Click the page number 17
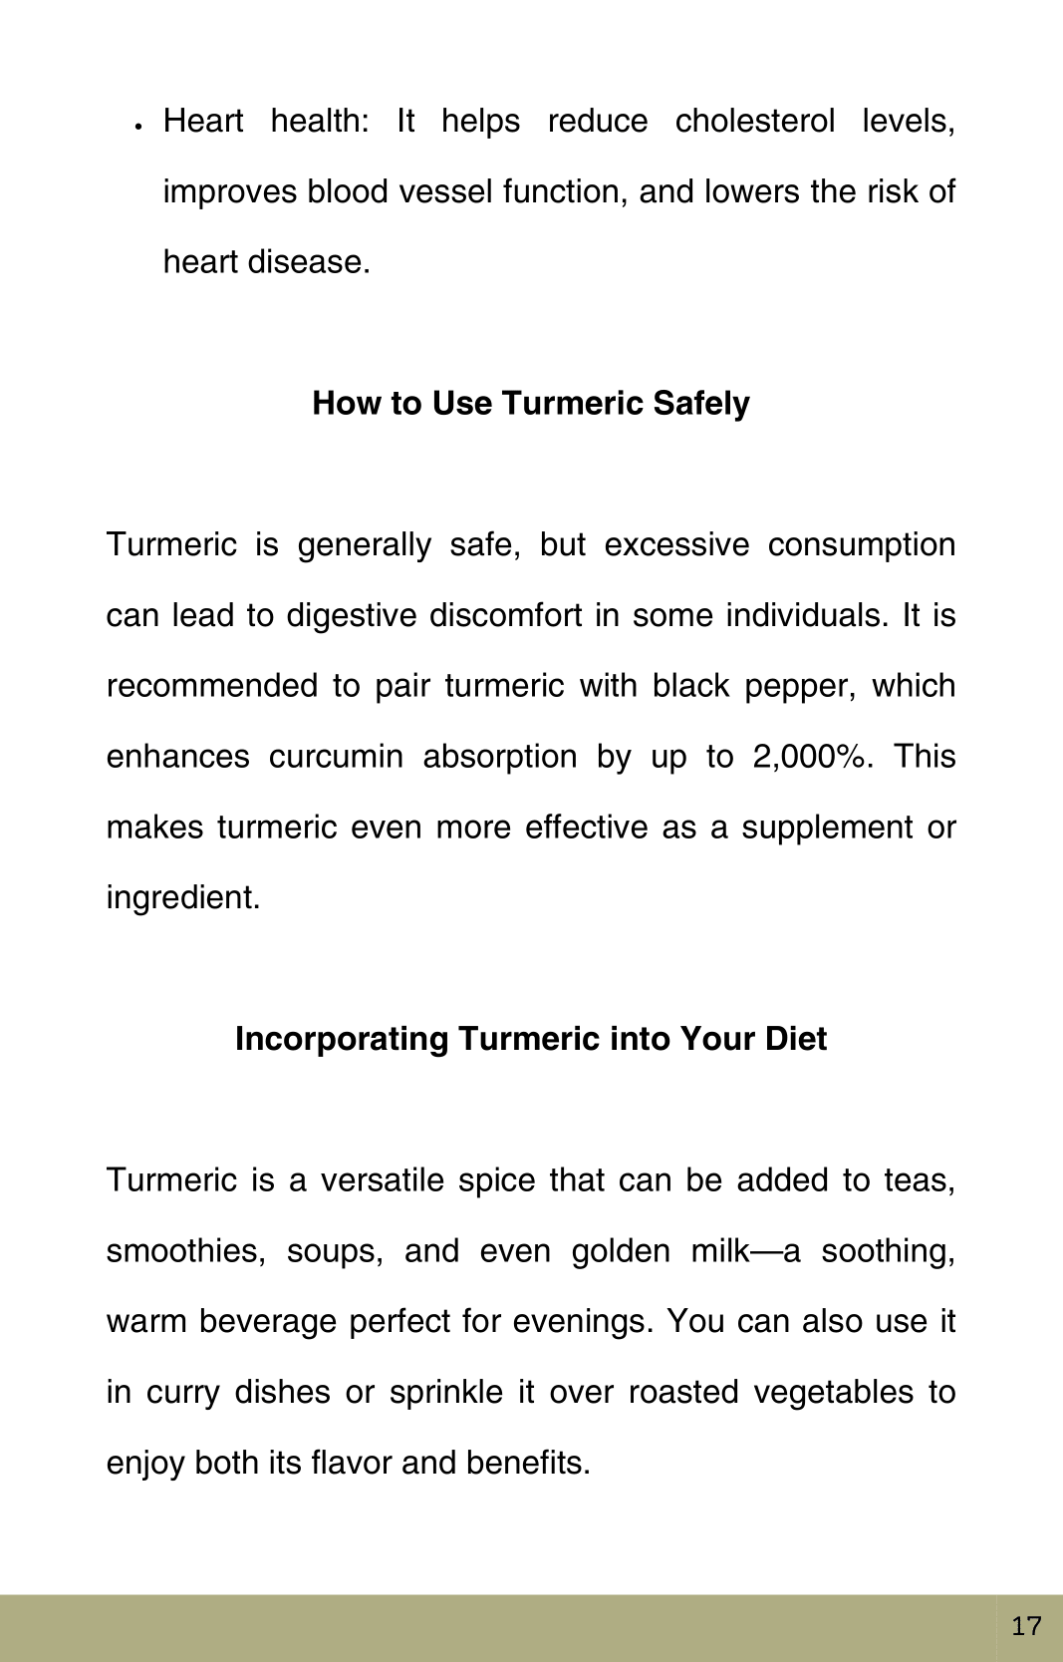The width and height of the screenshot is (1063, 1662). [1026, 1626]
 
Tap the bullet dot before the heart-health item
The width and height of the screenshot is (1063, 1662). [139, 126]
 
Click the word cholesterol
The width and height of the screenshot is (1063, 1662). [754, 121]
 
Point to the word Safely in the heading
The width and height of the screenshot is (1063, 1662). [701, 403]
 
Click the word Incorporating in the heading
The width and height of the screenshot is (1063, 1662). [342, 1039]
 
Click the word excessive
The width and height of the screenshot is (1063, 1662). [676, 545]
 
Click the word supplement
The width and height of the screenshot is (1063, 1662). [827, 828]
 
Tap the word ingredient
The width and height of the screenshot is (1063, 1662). [183, 898]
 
